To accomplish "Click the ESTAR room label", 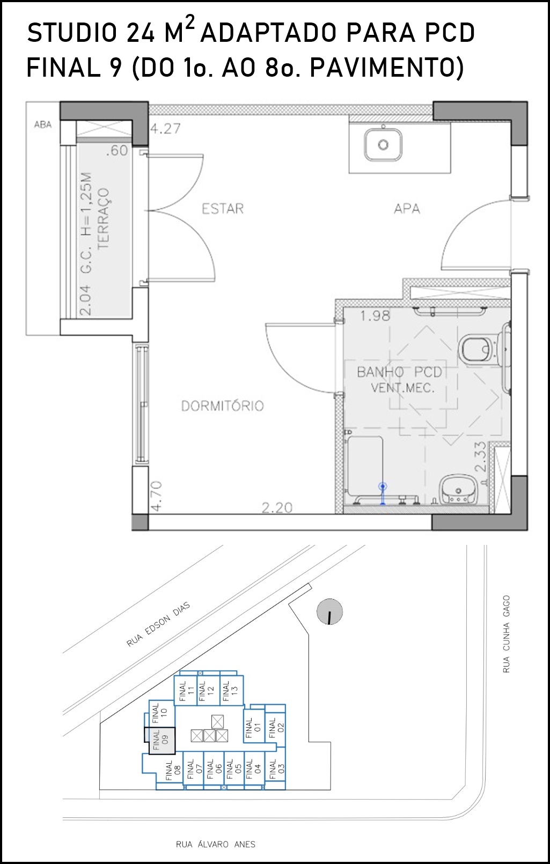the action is click(223, 209).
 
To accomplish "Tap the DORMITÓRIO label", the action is click(223, 406).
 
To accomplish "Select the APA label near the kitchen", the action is click(407, 209).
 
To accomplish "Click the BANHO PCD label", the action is click(399, 372).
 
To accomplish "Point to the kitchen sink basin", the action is click(383, 145).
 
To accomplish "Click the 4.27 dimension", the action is click(165, 128).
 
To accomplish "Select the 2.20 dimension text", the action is click(277, 507).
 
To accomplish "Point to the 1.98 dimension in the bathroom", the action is click(375, 316).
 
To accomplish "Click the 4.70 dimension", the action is click(157, 497).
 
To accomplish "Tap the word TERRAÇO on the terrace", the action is click(104, 219).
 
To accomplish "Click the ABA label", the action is click(43, 124).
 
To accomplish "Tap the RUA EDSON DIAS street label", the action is click(158, 624).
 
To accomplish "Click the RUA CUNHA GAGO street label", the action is click(506, 634).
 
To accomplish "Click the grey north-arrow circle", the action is click(329, 611).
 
